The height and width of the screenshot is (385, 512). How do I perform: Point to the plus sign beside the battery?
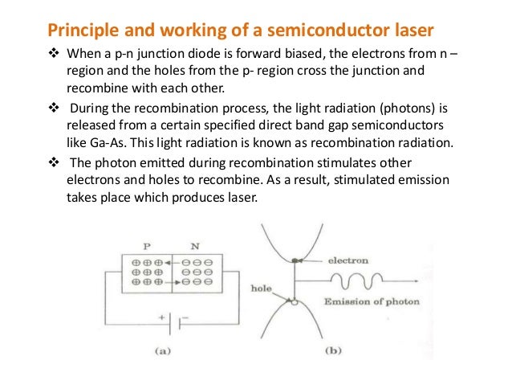[161, 317]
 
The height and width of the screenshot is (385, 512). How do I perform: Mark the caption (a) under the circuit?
[172, 350]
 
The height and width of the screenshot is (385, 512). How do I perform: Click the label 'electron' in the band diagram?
[348, 260]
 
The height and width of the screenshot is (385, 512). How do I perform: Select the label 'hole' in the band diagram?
[262, 286]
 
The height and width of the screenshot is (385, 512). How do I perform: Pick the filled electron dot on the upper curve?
[297, 260]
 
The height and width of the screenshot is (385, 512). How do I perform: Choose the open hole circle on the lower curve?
[296, 301]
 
